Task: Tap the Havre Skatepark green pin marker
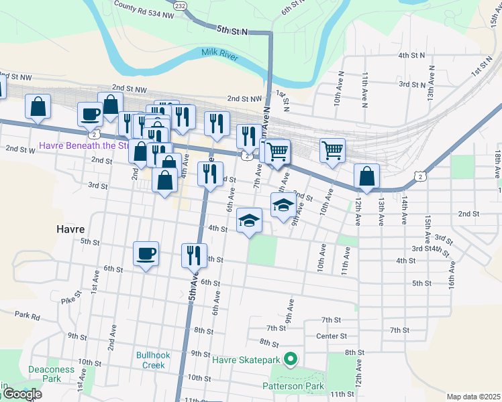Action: (x=291, y=360)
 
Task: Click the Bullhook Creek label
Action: (x=150, y=360)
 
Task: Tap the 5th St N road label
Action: (x=232, y=30)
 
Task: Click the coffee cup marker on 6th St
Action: (x=146, y=253)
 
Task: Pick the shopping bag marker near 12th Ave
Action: (x=366, y=176)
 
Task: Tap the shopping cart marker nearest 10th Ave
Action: (x=332, y=150)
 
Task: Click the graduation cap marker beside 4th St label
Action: (x=249, y=220)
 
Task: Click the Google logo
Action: (x=21, y=394)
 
